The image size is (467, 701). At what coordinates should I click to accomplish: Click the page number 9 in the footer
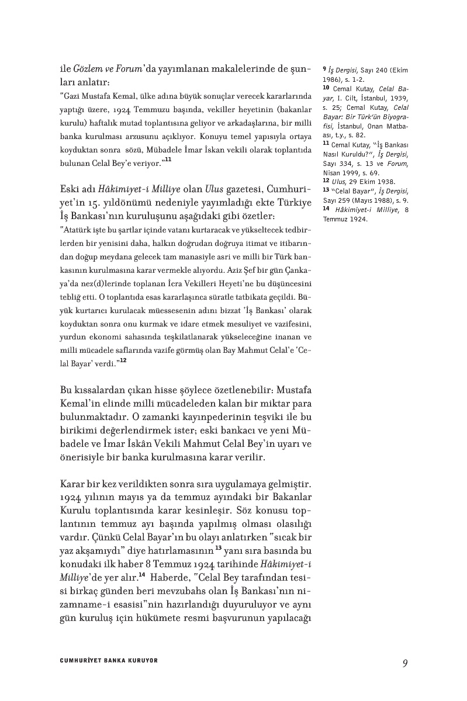coord(404,662)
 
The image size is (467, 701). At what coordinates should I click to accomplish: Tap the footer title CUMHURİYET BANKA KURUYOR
coord(109,661)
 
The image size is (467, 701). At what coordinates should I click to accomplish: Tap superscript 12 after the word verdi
coord(123,361)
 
